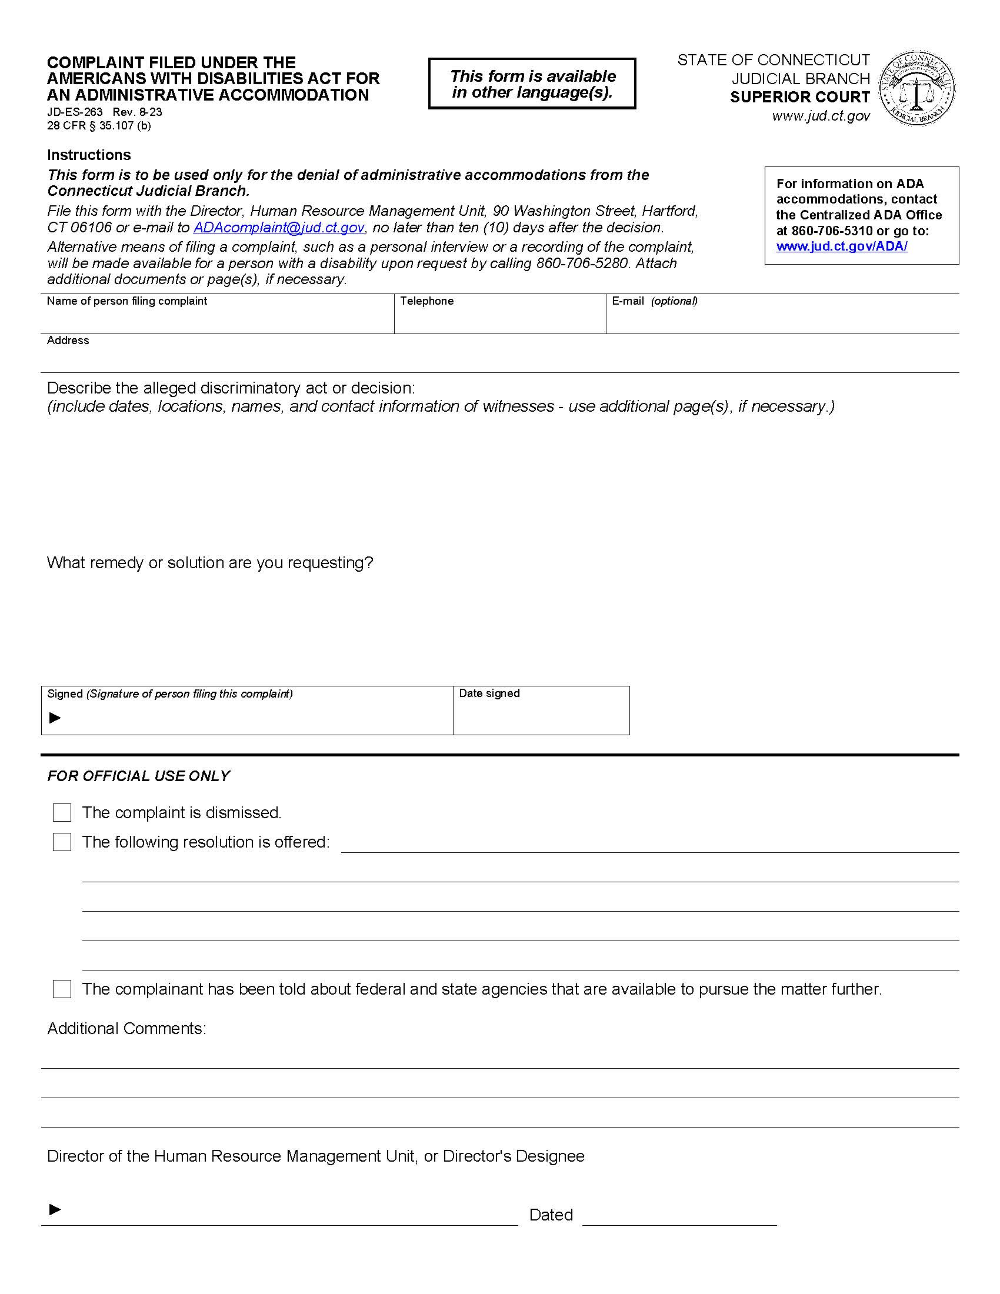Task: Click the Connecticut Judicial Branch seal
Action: pos(916,88)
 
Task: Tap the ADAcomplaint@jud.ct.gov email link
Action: pos(278,228)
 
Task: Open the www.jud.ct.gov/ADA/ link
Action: pos(841,246)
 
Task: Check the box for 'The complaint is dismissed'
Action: pos(62,812)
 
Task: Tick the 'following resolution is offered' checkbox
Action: pos(62,842)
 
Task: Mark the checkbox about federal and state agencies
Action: pos(62,989)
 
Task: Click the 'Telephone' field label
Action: pos(426,301)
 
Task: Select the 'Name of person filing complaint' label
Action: pos(127,301)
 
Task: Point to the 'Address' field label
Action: pos(68,341)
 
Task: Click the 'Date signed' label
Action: pos(489,693)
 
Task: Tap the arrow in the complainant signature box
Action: pos(55,718)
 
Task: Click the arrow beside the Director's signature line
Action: pos(55,1209)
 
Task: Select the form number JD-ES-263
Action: pos(75,112)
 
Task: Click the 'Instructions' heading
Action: pos(89,155)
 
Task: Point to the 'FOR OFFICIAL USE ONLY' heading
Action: pos(138,776)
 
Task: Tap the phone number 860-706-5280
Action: pos(582,263)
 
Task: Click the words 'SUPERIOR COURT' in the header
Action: pos(800,97)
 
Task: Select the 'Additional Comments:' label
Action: pos(126,1028)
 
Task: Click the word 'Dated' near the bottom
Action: pos(551,1215)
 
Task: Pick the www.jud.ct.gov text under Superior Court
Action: pos(821,116)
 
